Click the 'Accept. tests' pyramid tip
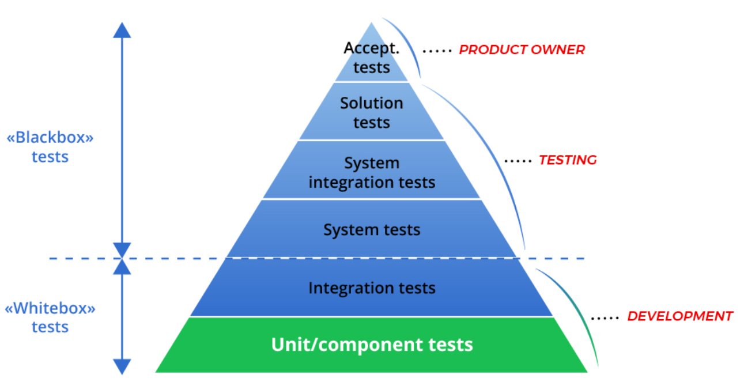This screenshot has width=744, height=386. coord(372,58)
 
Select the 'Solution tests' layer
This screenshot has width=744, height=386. coord(372,112)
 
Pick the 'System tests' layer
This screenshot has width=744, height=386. coord(372,229)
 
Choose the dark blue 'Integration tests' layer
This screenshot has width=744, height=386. coord(372,287)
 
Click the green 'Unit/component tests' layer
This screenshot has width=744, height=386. coord(372,345)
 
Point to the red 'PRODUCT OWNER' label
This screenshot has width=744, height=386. coord(522,50)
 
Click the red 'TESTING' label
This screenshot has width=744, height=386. coord(568,160)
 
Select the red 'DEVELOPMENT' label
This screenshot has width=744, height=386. coord(680,316)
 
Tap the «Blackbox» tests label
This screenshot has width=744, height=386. coord(50,147)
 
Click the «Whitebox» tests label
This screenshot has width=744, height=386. coord(50,317)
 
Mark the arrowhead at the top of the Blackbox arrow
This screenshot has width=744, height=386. coord(122,29)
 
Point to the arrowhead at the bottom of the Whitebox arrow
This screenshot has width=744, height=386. coord(122,367)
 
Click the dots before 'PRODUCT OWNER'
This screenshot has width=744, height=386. coord(437,51)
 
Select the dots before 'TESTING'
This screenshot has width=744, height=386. coord(518,161)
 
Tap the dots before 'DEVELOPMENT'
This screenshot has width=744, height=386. coord(605,317)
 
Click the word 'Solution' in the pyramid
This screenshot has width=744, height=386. coord(372,103)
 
